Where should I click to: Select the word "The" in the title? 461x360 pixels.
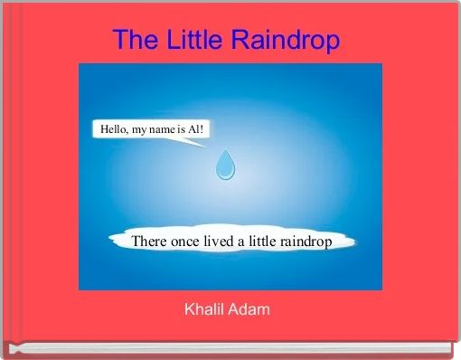point(134,41)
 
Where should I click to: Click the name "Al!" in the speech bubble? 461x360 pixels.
point(196,130)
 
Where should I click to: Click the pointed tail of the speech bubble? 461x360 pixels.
point(200,144)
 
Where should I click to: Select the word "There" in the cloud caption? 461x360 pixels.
point(149,242)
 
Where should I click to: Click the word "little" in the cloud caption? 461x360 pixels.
point(263,242)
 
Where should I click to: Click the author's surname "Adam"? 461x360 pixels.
point(249,310)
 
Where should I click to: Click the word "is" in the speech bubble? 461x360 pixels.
point(182,130)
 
